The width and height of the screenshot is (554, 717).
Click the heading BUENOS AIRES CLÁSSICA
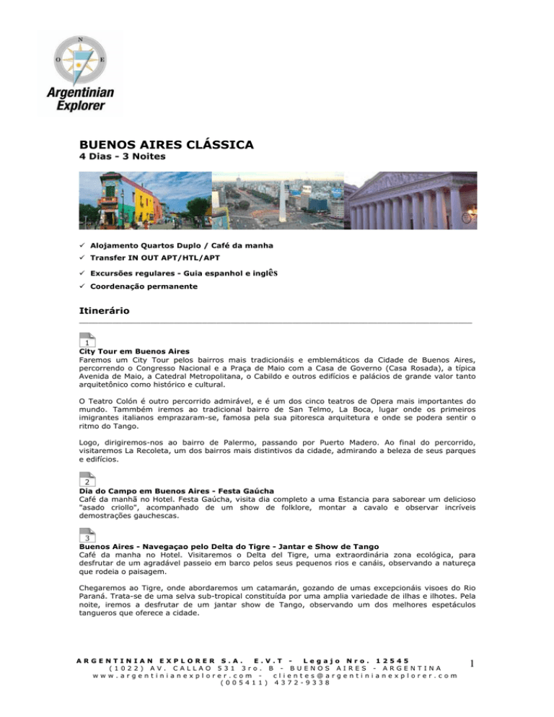click(x=167, y=145)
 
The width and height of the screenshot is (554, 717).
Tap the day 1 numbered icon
click(x=87, y=340)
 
